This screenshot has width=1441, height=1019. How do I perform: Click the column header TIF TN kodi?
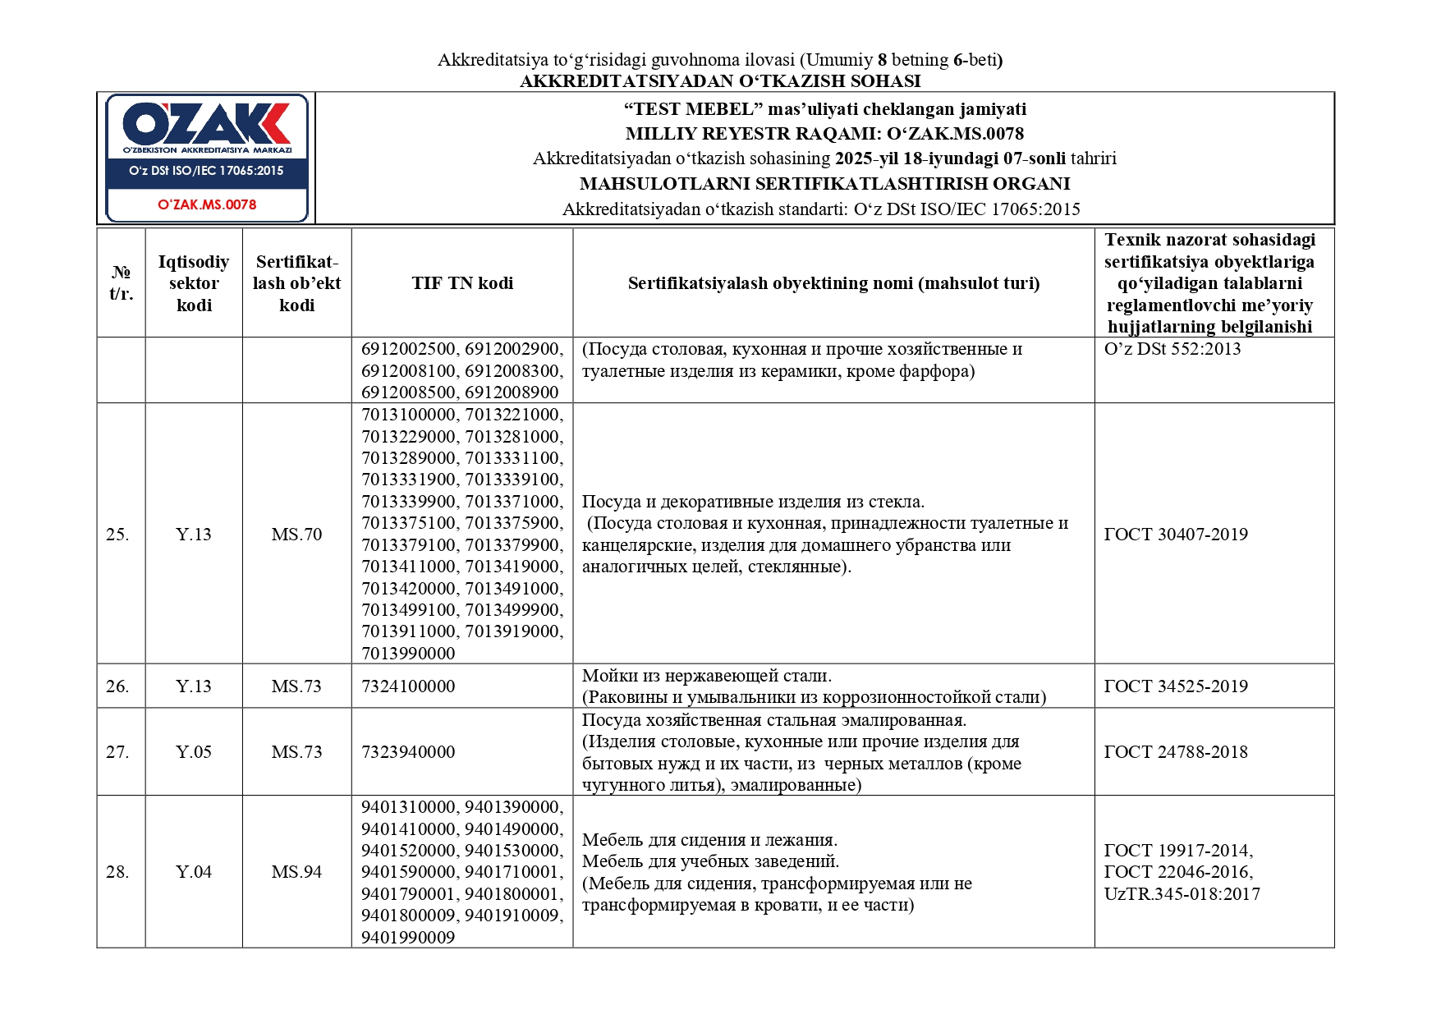tap(462, 283)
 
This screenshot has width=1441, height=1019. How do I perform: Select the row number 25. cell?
tap(117, 535)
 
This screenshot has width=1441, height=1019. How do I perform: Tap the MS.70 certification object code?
tap(296, 535)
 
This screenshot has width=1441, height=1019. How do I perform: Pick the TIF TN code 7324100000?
tap(408, 686)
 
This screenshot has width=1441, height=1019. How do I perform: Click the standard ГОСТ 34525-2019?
tap(1175, 686)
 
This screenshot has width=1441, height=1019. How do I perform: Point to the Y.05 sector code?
tap(194, 752)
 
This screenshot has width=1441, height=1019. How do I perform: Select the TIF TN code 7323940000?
tap(408, 752)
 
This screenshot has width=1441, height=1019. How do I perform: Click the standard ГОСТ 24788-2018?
tap(1175, 752)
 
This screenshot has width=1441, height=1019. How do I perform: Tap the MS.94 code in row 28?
tap(296, 872)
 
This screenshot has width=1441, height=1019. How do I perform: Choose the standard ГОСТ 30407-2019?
tap(1175, 535)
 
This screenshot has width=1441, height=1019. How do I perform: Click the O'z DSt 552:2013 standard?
tap(1172, 349)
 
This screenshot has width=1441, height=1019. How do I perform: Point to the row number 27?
tap(117, 752)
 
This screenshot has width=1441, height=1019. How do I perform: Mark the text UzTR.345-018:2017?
tap(1182, 894)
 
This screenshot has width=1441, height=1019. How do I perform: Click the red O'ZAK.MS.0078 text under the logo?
tap(207, 204)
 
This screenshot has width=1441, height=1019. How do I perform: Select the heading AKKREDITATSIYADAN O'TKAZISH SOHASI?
tap(720, 81)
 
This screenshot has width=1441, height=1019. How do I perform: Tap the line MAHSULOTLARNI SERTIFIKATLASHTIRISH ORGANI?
tap(824, 184)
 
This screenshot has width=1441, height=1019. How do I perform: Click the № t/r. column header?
tap(121, 283)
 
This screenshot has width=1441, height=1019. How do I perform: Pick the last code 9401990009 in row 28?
tap(408, 938)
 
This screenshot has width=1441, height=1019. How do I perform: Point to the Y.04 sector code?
tap(194, 872)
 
